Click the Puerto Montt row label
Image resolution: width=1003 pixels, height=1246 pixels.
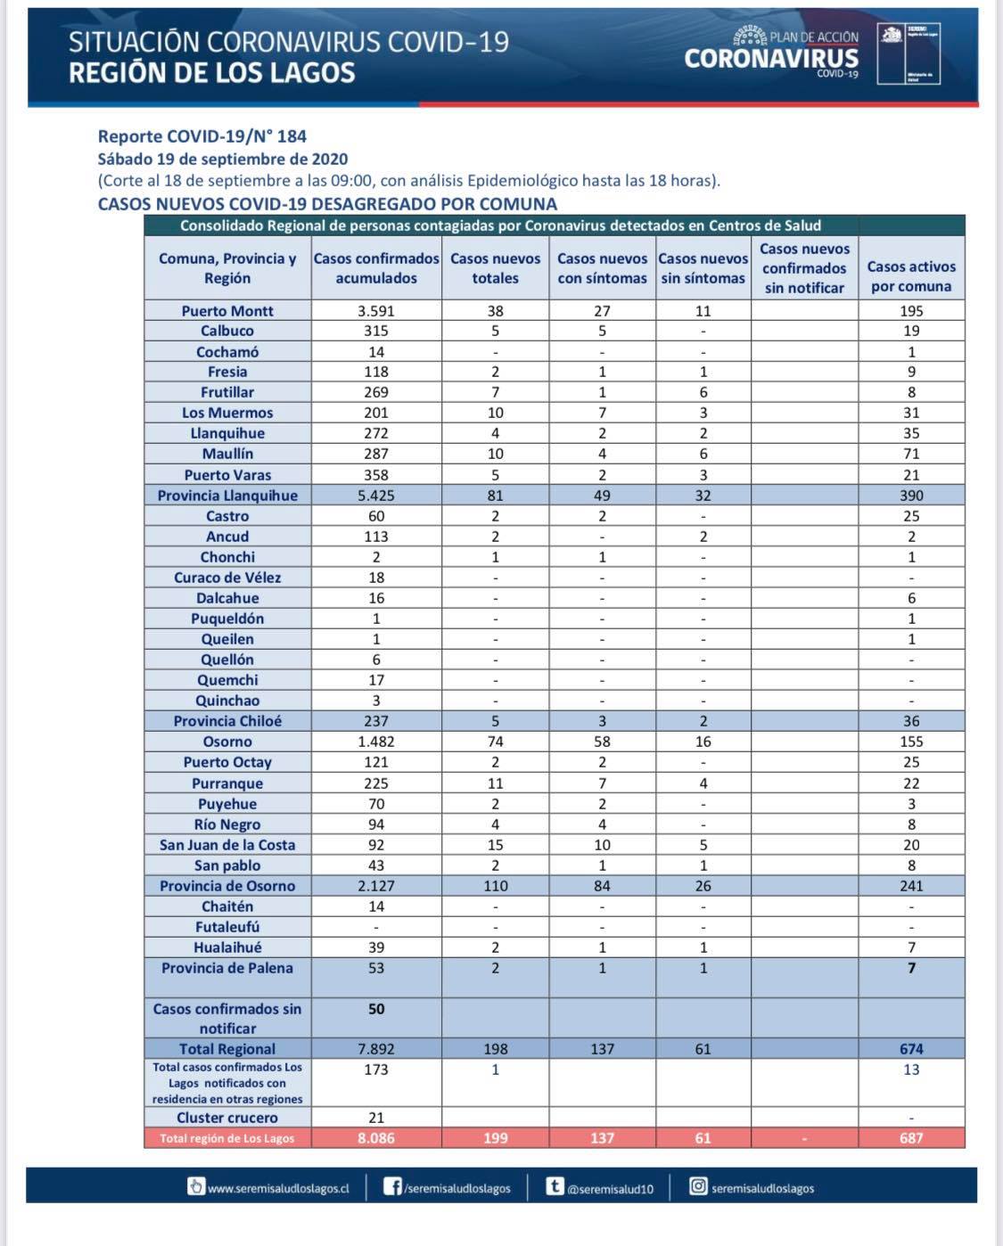pyautogui.click(x=227, y=311)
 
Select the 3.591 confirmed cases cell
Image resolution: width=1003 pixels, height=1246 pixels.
pyautogui.click(x=376, y=311)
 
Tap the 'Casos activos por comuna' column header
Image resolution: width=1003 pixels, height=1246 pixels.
pyautogui.click(x=911, y=276)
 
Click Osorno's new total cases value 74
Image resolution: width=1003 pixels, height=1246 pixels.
pyautogui.click(x=495, y=742)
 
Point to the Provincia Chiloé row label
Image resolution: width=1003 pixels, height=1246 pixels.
pyautogui.click(x=227, y=721)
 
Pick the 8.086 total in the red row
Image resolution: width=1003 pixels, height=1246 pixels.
pyautogui.click(x=376, y=1138)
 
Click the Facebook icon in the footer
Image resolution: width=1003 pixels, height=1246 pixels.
pyautogui.click(x=392, y=1186)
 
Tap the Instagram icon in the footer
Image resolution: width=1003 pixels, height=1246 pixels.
pyautogui.click(x=699, y=1186)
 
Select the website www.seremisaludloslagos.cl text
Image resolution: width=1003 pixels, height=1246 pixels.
pyautogui.click(x=278, y=1188)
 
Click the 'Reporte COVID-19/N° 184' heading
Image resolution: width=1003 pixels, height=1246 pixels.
pyautogui.click(x=202, y=136)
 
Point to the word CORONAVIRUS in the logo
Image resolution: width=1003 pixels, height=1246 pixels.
pyautogui.click(x=771, y=59)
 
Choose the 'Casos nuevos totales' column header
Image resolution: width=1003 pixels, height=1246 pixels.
pyautogui.click(x=495, y=268)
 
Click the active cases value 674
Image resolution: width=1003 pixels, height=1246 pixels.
pyautogui.click(x=911, y=1049)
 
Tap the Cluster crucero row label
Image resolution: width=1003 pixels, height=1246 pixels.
pyautogui.click(x=227, y=1118)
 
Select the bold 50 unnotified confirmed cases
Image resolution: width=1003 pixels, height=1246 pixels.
pyautogui.click(x=376, y=1009)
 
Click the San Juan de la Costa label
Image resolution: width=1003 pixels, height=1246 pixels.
pyautogui.click(x=227, y=845)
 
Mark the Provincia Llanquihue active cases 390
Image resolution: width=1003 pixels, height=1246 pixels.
pyautogui.click(x=911, y=496)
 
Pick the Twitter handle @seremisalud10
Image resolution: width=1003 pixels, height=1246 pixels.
pyautogui.click(x=611, y=1189)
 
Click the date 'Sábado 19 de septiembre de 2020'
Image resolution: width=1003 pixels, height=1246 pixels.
pyautogui.click(x=223, y=160)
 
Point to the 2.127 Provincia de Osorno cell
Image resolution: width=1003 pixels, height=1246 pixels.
pyautogui.click(x=376, y=886)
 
